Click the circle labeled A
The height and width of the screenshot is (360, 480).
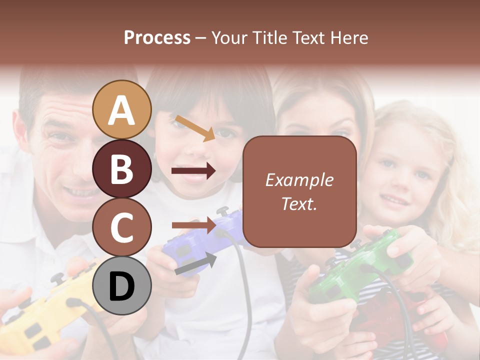point(122,110)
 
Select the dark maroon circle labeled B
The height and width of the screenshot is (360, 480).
point(122,169)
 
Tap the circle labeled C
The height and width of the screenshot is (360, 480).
point(122,227)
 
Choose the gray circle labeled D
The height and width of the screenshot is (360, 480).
point(122,286)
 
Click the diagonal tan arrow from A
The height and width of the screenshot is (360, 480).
point(195,128)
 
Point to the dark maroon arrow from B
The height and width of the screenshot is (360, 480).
point(193,171)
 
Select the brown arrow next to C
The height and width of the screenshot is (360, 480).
point(193,225)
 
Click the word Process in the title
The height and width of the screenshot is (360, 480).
point(157,37)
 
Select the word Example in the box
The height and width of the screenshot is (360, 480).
point(299,180)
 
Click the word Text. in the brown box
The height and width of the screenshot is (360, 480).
point(299,203)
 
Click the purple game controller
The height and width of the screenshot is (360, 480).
point(200,245)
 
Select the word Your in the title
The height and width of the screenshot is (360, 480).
point(229,37)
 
